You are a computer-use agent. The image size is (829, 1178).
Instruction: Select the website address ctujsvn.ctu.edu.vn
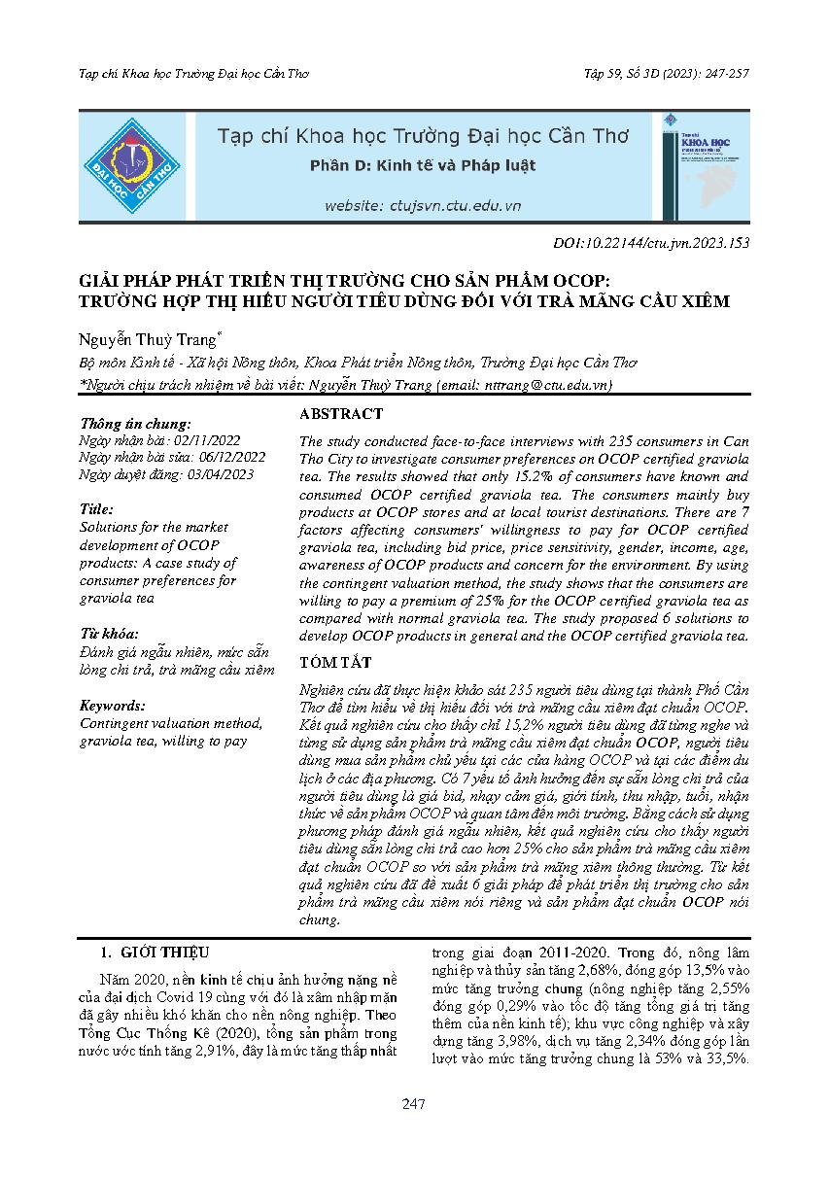tap(423, 205)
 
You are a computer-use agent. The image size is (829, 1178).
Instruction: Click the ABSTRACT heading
tap(341, 414)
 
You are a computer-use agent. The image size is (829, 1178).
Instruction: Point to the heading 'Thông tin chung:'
tap(135, 424)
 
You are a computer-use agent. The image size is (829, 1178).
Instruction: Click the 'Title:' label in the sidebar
tap(97, 508)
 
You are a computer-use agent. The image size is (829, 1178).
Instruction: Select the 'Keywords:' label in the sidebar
tap(113, 706)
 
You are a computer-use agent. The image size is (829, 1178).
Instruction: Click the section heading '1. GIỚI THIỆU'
tap(155, 953)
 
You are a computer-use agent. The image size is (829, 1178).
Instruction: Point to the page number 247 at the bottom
tap(414, 1104)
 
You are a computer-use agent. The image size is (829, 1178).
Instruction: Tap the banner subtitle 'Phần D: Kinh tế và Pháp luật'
tap(422, 165)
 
